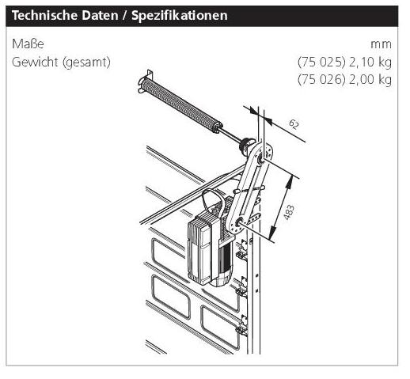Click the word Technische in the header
click(44, 15)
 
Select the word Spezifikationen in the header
click(180, 16)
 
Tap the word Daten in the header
click(100, 15)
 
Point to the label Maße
click(28, 44)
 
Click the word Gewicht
click(35, 62)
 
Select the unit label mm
click(381, 44)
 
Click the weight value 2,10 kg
click(370, 63)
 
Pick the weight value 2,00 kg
click(370, 80)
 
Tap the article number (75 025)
click(321, 63)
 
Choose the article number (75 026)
click(321, 80)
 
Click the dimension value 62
click(294, 124)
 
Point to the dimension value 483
click(289, 212)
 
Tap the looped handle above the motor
click(213, 203)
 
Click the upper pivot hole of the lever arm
click(260, 159)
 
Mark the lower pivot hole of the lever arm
click(240, 223)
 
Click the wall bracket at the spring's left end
click(145, 81)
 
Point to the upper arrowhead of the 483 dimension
click(290, 182)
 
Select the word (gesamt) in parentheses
click(86, 63)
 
